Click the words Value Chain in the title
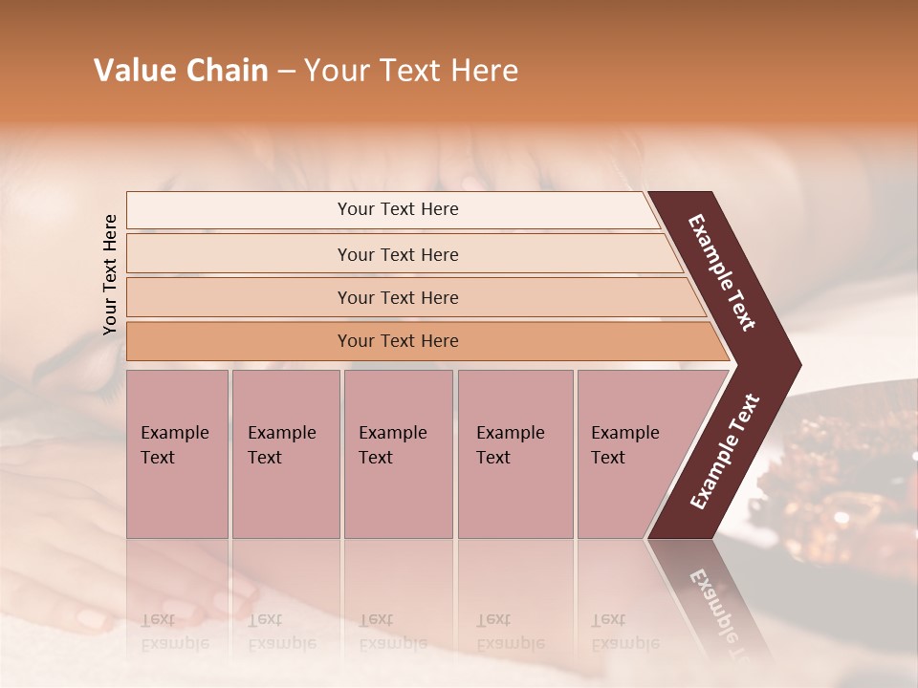pyautogui.click(x=181, y=71)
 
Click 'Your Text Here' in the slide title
pyautogui.click(x=411, y=71)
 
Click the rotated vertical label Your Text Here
pyautogui.click(x=110, y=274)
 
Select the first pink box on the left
pyautogui.click(x=177, y=454)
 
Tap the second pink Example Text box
pyautogui.click(x=285, y=454)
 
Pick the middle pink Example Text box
pyautogui.click(x=398, y=454)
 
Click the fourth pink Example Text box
pyautogui.click(x=514, y=454)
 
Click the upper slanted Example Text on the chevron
pyautogui.click(x=722, y=272)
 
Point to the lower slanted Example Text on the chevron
pyautogui.click(x=726, y=451)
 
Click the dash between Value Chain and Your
pyautogui.click(x=286, y=72)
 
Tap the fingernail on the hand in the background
pyautogui.click(x=92, y=618)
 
